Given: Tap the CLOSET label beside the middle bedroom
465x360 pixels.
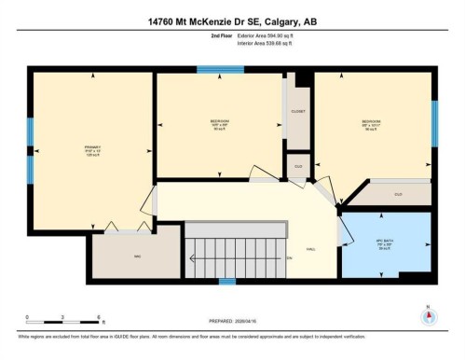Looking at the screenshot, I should [x=298, y=111].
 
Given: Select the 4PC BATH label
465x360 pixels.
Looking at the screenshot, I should [x=382, y=243].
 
